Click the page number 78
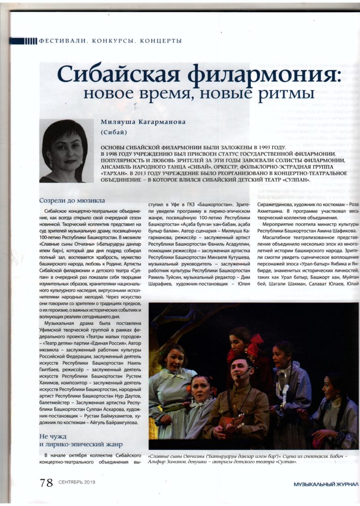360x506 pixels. (46, 483)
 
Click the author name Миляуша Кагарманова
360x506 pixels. (143, 122)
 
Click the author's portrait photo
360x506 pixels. (63, 151)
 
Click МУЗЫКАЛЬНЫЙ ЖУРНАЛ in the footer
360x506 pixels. (326, 484)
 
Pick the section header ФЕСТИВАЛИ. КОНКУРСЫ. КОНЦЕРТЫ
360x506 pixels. (111, 41)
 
